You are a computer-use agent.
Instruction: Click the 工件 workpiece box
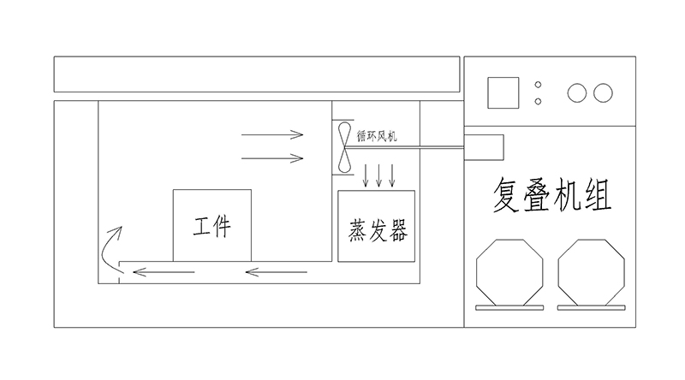click(211, 225)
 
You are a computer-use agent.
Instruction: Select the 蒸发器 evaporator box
click(377, 227)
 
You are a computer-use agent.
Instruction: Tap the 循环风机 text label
click(377, 134)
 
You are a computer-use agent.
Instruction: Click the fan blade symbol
click(344, 148)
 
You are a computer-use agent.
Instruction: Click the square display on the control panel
click(503, 92)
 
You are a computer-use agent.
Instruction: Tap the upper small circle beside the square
click(538, 85)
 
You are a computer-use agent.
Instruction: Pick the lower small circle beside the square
click(538, 101)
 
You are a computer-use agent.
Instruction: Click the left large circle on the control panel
click(577, 92)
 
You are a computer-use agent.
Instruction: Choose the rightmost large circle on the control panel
click(603, 92)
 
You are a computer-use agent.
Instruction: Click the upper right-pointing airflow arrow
click(272, 134)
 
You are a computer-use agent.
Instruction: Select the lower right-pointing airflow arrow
click(272, 157)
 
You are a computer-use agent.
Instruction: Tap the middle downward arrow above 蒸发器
click(379, 175)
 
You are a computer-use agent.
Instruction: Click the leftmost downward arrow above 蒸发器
click(366, 175)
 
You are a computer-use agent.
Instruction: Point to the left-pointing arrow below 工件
click(163, 273)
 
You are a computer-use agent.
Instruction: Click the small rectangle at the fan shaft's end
click(483, 147)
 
